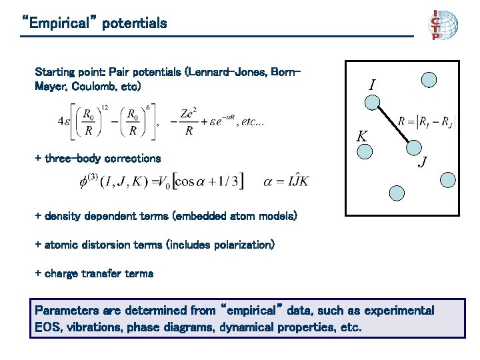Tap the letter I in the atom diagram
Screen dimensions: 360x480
(371, 85)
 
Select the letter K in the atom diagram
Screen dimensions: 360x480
(361, 136)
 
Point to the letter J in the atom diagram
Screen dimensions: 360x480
(423, 161)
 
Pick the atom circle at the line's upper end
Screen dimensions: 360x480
(373, 102)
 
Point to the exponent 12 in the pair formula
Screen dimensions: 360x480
(103, 107)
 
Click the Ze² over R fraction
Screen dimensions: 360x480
(189, 122)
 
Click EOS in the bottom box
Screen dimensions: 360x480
(46, 328)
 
